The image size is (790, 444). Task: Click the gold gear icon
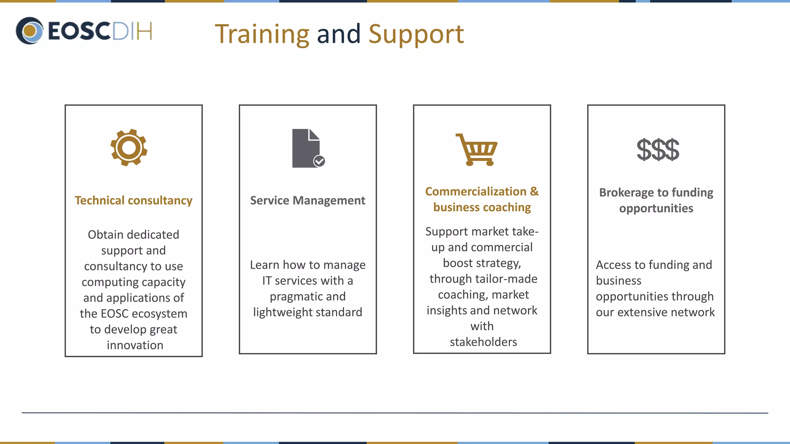(129, 148)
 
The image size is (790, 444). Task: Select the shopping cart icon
(477, 150)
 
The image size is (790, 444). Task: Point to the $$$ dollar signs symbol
(658, 150)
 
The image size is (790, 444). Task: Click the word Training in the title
(262, 34)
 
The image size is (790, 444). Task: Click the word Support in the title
(416, 34)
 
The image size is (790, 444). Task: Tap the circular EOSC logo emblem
(29, 31)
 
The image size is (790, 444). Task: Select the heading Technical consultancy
(133, 200)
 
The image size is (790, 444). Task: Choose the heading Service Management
(307, 200)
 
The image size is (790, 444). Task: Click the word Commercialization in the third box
(476, 192)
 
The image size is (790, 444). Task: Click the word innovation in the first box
(135, 345)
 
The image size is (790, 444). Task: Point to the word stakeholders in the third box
(483, 342)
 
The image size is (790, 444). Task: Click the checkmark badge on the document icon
(319, 161)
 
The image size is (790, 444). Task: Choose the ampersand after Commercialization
(534, 192)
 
